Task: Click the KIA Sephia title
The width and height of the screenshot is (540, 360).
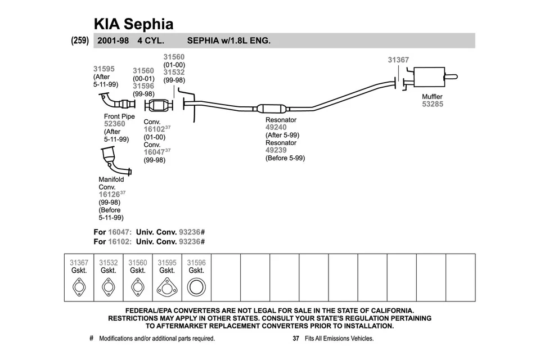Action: (x=133, y=24)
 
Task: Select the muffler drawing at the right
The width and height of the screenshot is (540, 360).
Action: (x=429, y=77)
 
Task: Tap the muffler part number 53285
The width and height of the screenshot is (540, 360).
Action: (x=433, y=104)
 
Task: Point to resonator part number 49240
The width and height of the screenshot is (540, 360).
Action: (x=276, y=128)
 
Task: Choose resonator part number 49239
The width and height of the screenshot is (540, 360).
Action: (x=276, y=150)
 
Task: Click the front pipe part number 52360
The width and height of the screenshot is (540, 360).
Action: (x=115, y=124)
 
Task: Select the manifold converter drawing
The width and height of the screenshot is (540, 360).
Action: (x=112, y=160)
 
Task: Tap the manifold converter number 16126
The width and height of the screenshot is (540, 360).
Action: (x=109, y=195)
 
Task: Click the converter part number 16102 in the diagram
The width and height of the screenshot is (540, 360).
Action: (x=154, y=129)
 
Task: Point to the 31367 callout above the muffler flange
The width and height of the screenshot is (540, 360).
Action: (x=398, y=60)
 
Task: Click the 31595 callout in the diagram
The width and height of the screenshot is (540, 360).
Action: (x=103, y=69)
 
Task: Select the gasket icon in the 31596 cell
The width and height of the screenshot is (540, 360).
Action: (x=196, y=288)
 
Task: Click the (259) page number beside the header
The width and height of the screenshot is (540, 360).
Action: (x=79, y=40)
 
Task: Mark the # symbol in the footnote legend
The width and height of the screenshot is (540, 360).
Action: (x=91, y=339)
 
